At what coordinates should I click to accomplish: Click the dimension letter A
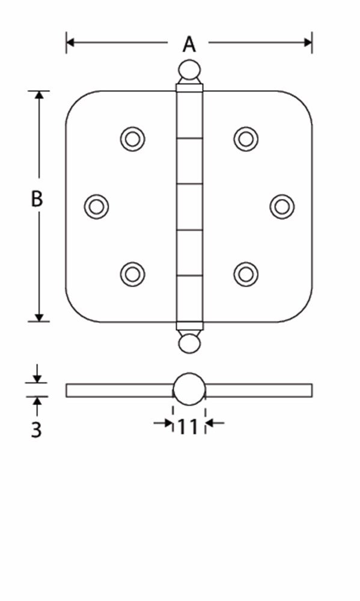click(189, 44)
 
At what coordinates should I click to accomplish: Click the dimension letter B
click(37, 199)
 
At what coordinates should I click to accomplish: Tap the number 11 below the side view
click(188, 426)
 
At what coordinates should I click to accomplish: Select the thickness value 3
click(37, 430)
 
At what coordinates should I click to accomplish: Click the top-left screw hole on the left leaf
click(132, 139)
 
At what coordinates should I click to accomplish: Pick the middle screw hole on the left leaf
click(96, 206)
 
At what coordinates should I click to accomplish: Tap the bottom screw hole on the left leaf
click(132, 274)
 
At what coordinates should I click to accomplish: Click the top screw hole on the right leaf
click(246, 139)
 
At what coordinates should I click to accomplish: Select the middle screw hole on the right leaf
click(282, 206)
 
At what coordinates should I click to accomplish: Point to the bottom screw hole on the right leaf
click(246, 274)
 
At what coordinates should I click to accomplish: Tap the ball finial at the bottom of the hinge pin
click(189, 343)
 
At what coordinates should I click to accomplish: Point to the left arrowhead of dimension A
click(70, 42)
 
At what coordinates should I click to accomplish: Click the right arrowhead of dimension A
click(308, 42)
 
